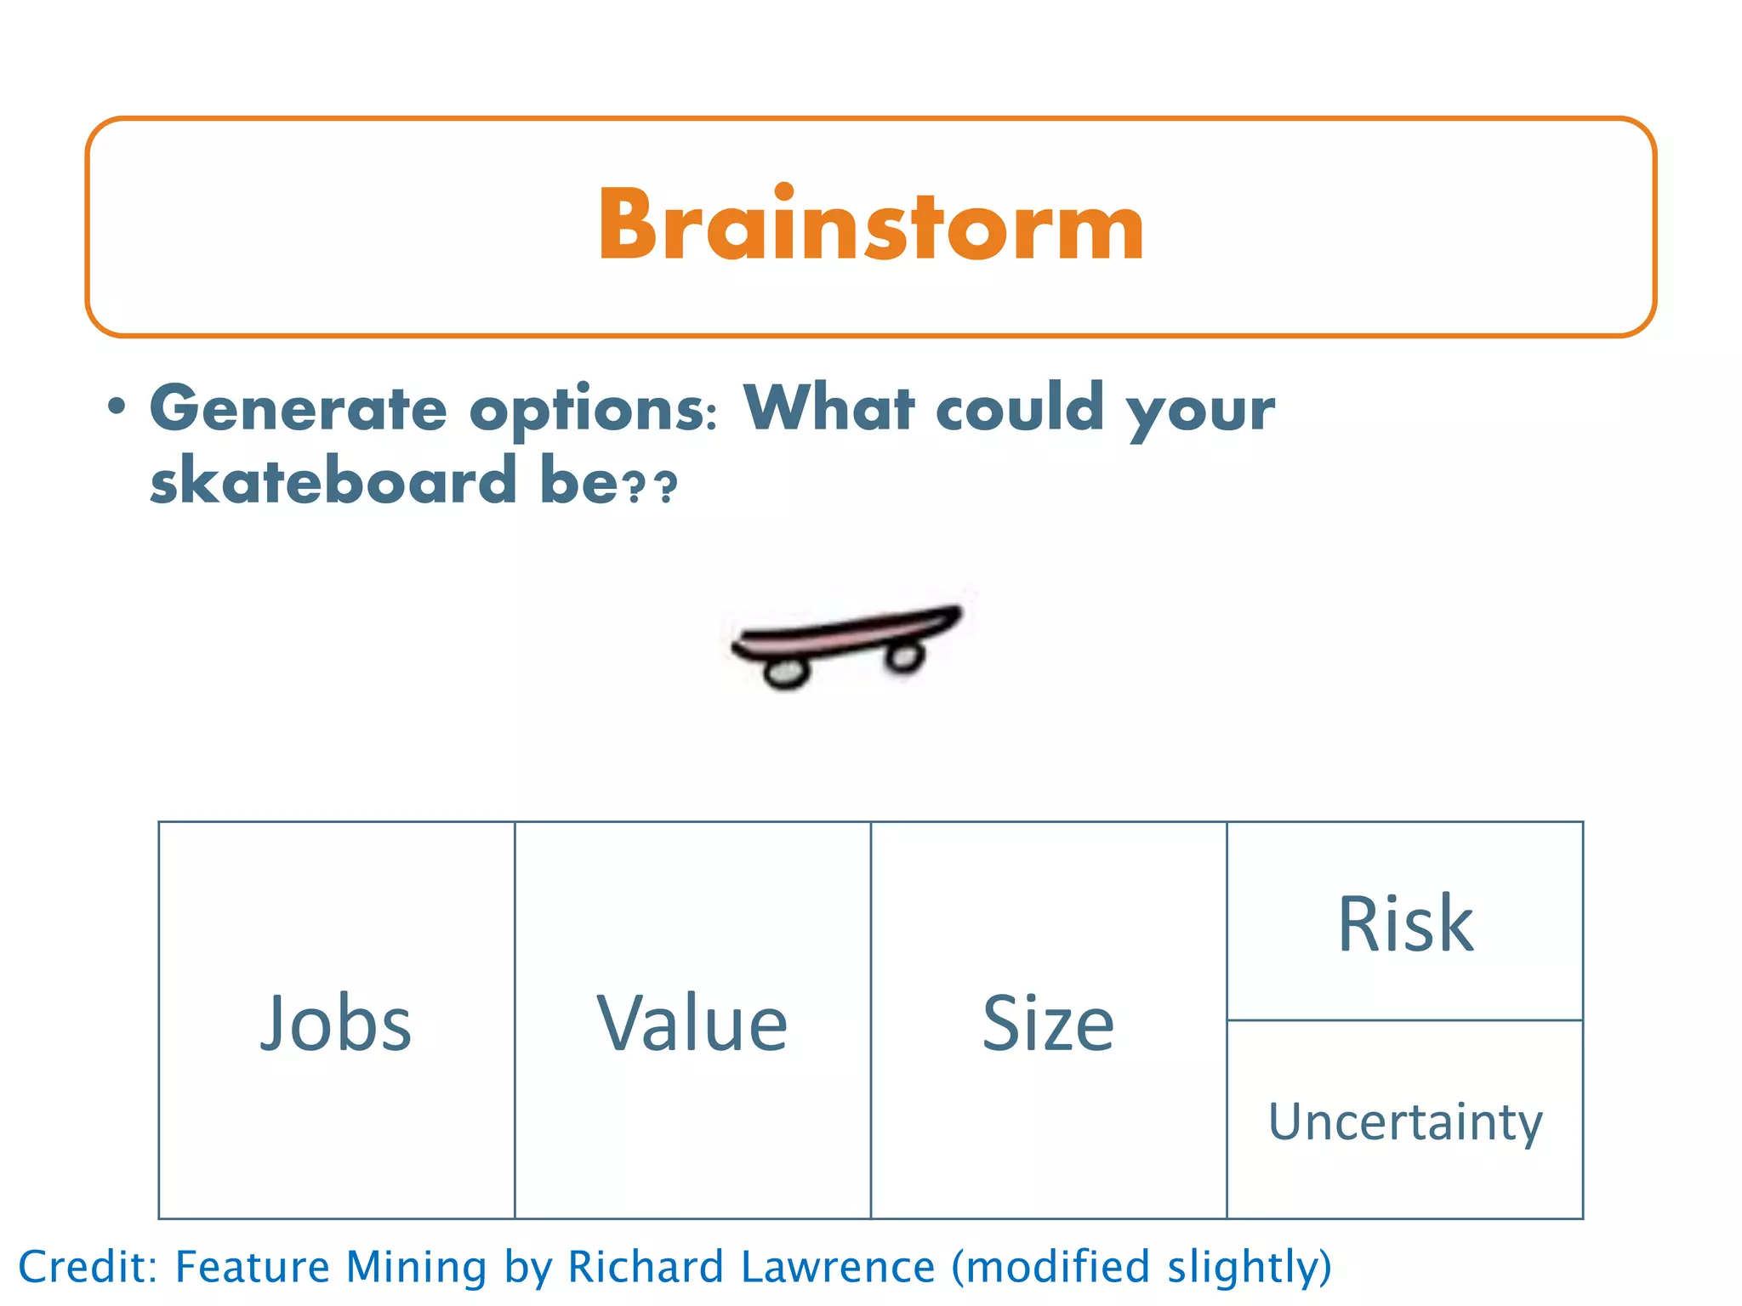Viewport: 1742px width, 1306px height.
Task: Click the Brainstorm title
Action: (871, 226)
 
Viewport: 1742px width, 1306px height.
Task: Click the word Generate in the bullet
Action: (298, 409)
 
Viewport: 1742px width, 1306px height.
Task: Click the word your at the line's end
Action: (1200, 412)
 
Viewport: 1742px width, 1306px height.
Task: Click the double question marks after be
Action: (651, 486)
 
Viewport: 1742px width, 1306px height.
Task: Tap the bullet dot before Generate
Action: (117, 407)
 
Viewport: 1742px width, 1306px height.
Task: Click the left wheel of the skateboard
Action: (785, 673)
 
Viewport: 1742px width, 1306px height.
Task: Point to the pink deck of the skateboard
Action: (846, 633)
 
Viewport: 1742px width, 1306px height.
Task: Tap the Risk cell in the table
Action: (1405, 923)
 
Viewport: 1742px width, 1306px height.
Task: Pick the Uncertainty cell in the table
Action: (1405, 1121)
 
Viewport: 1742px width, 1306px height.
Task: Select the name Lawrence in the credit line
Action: (838, 1267)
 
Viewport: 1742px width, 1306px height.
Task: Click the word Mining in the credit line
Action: (416, 1267)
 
